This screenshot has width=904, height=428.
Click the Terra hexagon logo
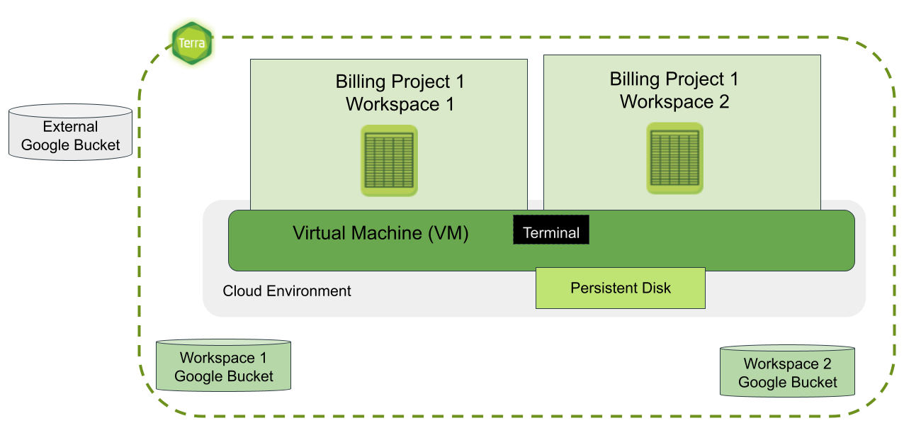pos(192,43)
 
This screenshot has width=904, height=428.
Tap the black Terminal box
pos(551,230)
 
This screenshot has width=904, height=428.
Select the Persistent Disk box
pos(621,288)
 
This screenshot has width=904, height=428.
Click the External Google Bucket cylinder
pos(70,132)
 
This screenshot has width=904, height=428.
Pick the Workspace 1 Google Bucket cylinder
pos(223,366)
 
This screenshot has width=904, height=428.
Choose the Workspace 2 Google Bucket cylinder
pos(787,371)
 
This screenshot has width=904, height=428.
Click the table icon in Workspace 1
pos(389,161)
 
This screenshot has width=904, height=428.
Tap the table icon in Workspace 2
pos(674,158)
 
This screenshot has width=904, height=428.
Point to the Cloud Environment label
pos(286,291)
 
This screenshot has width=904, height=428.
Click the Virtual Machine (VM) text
pos(380,233)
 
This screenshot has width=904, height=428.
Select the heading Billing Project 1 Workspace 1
pos(400,92)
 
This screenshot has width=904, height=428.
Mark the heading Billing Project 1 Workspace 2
pos(674,89)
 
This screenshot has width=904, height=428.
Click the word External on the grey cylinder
pos(70,126)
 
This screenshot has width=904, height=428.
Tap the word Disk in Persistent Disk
pos(656,288)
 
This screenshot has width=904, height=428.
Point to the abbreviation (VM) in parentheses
pos(448,233)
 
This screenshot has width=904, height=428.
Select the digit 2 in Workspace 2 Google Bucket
pos(827,364)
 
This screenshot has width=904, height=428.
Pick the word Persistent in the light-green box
pos(604,288)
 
